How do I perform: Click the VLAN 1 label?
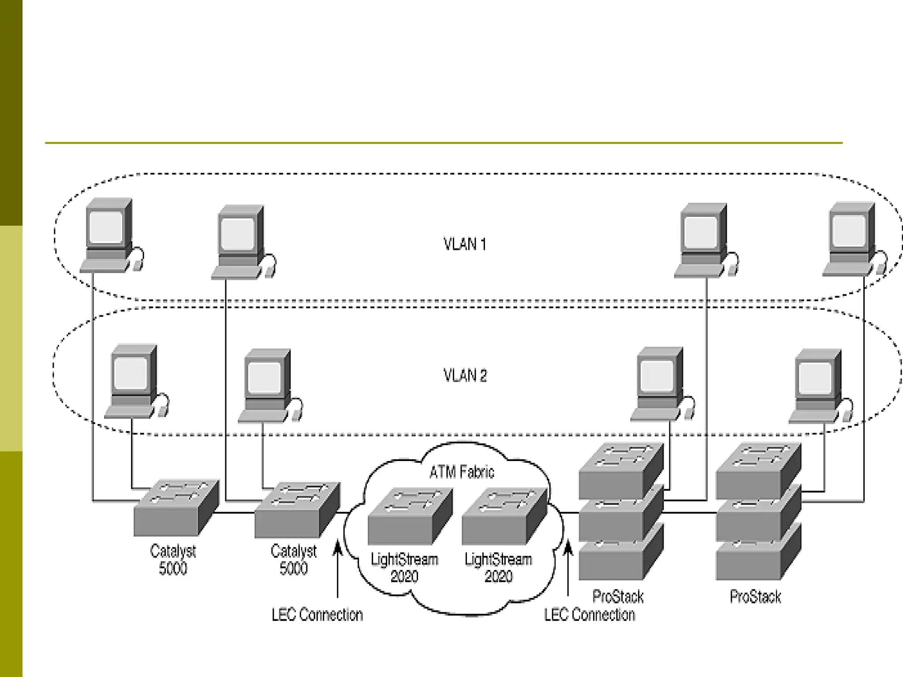click(465, 244)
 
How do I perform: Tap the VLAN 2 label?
click(465, 376)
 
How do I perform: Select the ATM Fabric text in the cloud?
click(462, 472)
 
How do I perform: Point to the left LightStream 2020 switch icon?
click(410, 516)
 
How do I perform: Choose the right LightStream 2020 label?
click(498, 568)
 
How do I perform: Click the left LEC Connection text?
click(317, 615)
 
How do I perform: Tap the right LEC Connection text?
click(589, 615)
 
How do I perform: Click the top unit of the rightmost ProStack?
click(757, 471)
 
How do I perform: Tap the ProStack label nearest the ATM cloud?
click(618, 597)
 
